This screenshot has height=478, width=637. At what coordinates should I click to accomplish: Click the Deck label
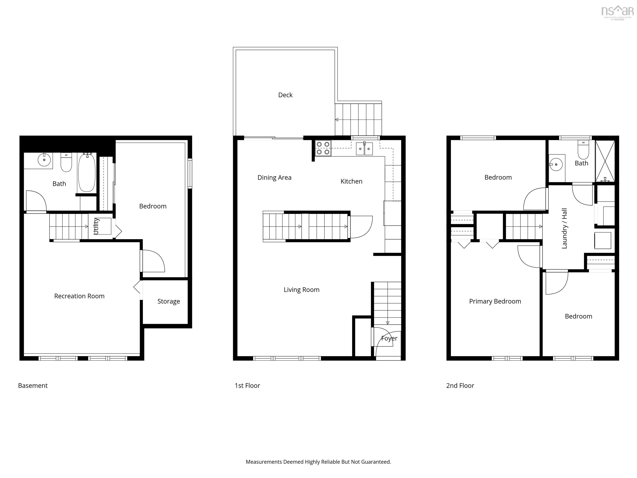point(285,95)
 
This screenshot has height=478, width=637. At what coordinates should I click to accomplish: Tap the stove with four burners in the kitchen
point(323,148)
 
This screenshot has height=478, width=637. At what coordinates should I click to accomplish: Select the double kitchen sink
point(364,149)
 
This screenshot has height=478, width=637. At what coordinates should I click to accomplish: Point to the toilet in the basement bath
point(66,163)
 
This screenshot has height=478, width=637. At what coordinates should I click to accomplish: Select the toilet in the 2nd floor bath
point(583,150)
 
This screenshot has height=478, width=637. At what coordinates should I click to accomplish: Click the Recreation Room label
point(79,296)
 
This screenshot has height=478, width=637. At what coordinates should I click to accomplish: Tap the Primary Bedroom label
point(495,301)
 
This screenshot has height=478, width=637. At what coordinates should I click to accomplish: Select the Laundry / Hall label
point(564,228)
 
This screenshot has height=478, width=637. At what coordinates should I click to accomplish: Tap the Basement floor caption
point(33,385)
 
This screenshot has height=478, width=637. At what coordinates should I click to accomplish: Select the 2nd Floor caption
point(460,385)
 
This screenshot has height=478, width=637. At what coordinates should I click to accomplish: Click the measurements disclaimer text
point(318,462)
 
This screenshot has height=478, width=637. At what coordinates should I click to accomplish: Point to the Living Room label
point(301,290)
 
